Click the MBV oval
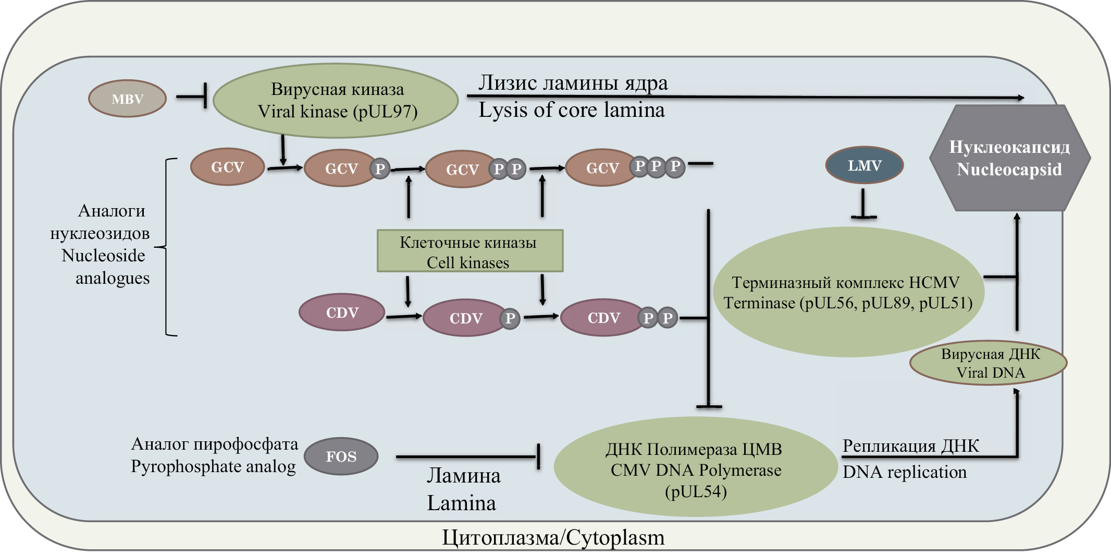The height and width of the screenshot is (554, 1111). point(127,99)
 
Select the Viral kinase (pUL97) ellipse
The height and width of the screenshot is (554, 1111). point(336,100)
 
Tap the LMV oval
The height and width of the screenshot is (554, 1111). point(865,165)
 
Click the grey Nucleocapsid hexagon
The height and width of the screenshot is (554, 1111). point(1009,158)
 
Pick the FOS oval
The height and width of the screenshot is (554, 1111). point(341,456)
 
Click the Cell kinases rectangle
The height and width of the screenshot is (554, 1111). point(470,251)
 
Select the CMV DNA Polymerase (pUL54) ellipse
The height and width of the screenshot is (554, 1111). point(695,467)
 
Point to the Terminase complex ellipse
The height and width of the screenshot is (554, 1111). point(848,292)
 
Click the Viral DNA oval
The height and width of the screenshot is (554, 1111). point(989,363)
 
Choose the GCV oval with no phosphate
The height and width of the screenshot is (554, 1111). point(227,167)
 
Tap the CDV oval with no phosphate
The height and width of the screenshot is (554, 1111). point(342,312)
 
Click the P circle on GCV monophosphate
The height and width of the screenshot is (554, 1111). point(380,168)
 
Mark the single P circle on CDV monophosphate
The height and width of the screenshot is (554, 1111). point(510,318)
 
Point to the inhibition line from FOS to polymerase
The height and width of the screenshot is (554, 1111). point(466,457)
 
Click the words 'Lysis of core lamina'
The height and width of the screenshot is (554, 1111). point(572,110)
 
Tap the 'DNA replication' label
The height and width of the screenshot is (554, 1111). point(905,472)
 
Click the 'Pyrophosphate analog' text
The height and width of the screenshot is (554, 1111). point(213,466)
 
